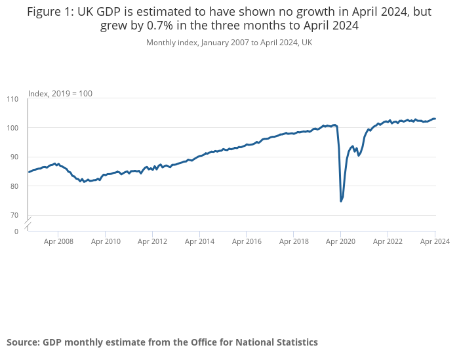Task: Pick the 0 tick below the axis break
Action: [x=16, y=231]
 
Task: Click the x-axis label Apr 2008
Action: [x=58, y=241]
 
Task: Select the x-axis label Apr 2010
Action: [x=106, y=241]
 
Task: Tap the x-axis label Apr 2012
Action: [x=152, y=241]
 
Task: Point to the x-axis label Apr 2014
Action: [x=199, y=241]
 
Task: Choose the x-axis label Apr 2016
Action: [x=246, y=241]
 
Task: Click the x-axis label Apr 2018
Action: [x=293, y=241]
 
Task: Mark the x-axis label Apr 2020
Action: [x=340, y=241]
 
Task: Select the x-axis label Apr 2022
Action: [x=387, y=241]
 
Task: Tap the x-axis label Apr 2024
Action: [x=434, y=241]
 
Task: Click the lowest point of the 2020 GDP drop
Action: [x=341, y=201]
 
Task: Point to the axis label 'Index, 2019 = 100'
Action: [x=60, y=94]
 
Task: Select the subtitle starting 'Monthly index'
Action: [x=229, y=43]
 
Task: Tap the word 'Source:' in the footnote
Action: [x=23, y=342]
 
